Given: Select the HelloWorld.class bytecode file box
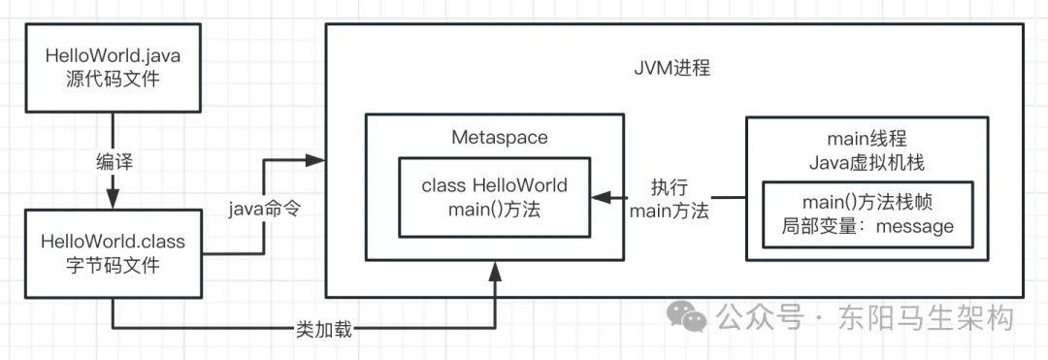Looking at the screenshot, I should click(113, 251).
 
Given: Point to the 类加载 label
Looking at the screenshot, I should click(323, 329).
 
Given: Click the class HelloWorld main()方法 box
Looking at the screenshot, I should click(494, 196).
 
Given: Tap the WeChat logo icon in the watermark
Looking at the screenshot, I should click(692, 316).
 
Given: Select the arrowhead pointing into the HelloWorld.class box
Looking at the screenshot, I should click(114, 198).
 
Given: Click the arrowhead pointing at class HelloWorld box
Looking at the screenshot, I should click(600, 197).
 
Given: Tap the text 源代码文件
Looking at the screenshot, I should click(114, 80).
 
